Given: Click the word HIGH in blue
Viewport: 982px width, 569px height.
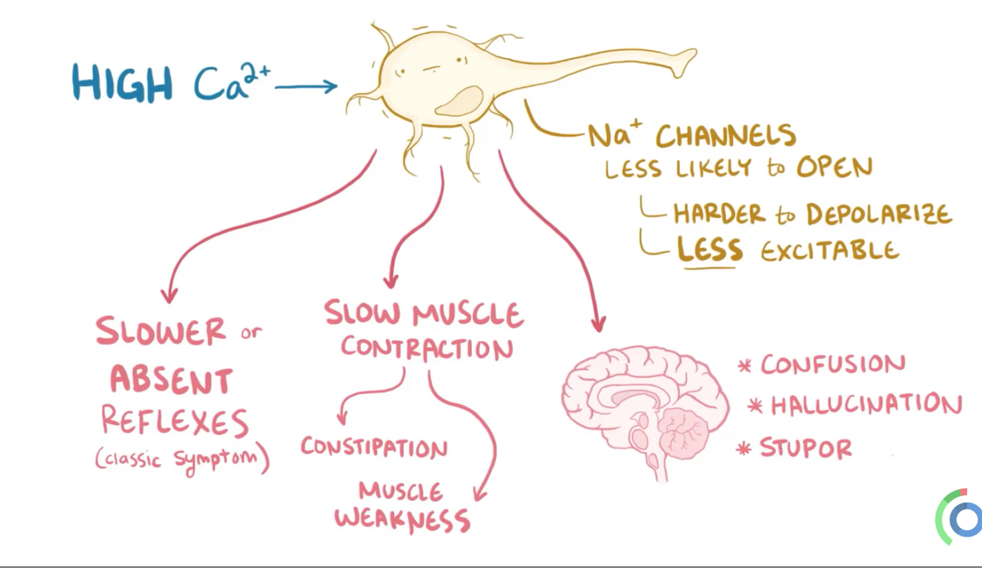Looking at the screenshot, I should point(122,81).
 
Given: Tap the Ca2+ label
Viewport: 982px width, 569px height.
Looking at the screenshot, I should point(230,81).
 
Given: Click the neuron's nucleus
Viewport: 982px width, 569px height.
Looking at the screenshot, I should point(459,102).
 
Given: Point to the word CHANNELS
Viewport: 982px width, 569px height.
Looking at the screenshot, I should point(725,135).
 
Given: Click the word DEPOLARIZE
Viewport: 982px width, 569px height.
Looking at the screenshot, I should point(879,214).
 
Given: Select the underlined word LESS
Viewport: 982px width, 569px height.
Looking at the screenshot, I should point(709,250).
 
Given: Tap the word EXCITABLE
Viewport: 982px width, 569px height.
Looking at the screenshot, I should point(830,251).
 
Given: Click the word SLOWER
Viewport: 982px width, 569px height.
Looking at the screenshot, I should point(161,332).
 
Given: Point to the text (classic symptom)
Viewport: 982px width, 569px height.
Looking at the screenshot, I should point(183,458).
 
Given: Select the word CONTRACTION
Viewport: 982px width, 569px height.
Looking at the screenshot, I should point(427,349).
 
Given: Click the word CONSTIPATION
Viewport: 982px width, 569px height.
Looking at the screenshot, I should point(374,447).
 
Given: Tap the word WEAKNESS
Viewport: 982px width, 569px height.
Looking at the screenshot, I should point(402,519).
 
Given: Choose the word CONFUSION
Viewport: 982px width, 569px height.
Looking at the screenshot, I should point(833,364).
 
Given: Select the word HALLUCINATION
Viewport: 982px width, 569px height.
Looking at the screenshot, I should point(866,405).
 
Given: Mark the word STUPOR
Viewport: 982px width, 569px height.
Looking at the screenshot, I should point(806,448).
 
